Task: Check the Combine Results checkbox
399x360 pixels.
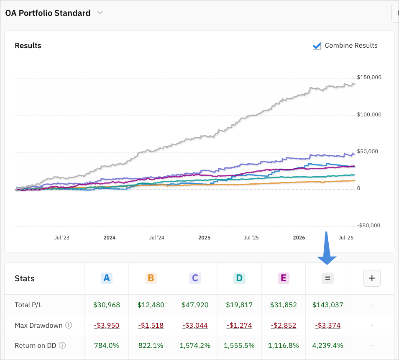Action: (317, 46)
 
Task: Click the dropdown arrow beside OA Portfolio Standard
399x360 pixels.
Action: (100, 13)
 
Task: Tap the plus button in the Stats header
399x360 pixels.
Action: (372, 278)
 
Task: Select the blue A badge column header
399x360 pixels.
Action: (107, 278)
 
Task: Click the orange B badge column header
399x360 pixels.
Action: (151, 278)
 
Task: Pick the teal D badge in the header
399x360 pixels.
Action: (239, 278)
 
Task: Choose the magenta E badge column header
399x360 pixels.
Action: (284, 278)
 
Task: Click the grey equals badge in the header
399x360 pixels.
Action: (327, 278)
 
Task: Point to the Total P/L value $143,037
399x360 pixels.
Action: (328, 305)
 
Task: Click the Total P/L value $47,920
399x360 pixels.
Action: (195, 305)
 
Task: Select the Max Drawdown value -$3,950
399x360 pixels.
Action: (107, 325)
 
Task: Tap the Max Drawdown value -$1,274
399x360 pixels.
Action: (239, 325)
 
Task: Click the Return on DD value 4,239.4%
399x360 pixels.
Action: (328, 345)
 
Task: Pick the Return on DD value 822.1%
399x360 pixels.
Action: (151, 345)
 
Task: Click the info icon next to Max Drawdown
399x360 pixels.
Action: (69, 325)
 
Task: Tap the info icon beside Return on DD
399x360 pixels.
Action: (62, 345)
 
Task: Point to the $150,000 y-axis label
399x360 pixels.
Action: (369, 77)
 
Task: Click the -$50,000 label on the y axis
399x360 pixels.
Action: (368, 226)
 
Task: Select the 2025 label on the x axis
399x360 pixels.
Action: (205, 237)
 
